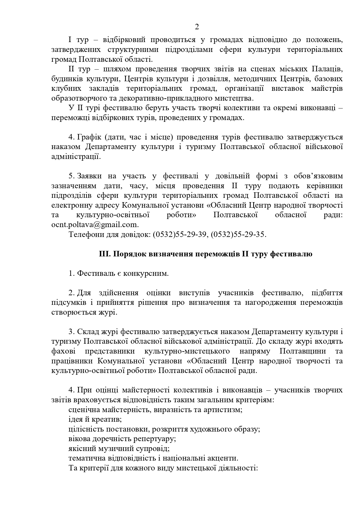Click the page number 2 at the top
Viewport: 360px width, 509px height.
(197, 27)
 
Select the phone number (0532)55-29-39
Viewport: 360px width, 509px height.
(180, 234)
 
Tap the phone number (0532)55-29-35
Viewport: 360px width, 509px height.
(238, 234)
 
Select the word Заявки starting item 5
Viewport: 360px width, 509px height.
(89, 176)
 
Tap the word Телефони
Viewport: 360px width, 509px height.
(85, 234)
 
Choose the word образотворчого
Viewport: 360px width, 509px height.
(80, 98)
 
